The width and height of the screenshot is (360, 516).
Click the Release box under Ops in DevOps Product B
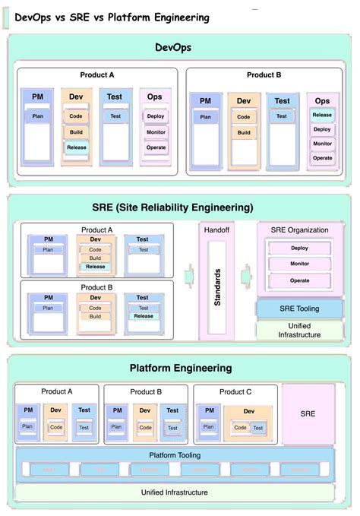[322, 116]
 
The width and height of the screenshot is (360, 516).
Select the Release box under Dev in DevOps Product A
[76, 147]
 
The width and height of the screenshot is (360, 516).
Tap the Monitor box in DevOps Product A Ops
[156, 131]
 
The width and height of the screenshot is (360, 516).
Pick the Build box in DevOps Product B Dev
[243, 132]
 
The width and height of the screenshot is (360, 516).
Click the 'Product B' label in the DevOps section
[264, 74]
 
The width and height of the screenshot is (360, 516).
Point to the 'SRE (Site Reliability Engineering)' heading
[179, 207]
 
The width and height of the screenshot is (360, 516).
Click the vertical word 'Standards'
[217, 286]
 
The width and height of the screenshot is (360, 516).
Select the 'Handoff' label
[217, 230]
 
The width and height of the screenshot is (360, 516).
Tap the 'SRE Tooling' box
[299, 309]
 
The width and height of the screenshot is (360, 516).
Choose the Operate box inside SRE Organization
[299, 280]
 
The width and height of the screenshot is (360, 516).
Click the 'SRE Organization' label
[299, 230]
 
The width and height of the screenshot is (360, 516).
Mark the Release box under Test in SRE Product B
[143, 316]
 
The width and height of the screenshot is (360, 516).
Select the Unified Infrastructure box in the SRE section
[299, 330]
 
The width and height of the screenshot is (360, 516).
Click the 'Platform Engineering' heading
[180, 368]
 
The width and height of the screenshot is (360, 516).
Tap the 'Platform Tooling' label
[175, 454]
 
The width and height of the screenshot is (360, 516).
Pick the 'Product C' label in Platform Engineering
[235, 391]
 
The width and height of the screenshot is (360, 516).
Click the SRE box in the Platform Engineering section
[308, 414]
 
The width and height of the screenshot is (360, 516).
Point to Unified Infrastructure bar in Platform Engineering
[175, 492]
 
